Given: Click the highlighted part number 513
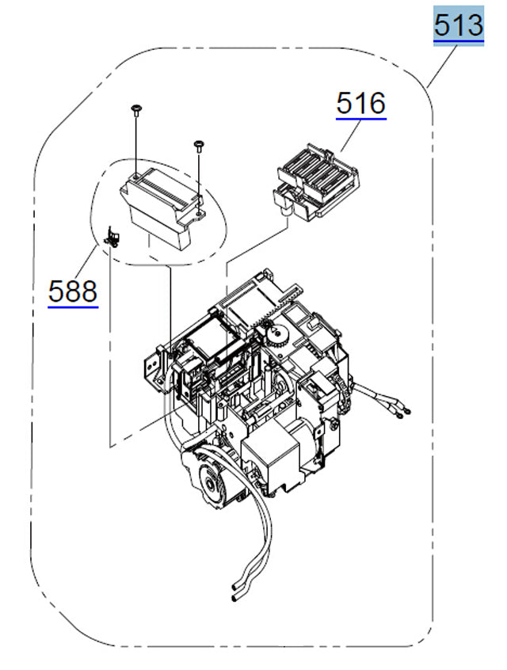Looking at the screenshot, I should (458, 25).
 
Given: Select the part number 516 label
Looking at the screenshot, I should (361, 103).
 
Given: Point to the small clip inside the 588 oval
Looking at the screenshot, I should (112, 235).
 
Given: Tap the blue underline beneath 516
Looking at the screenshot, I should (361, 119).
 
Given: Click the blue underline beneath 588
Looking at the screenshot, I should (73, 306).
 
